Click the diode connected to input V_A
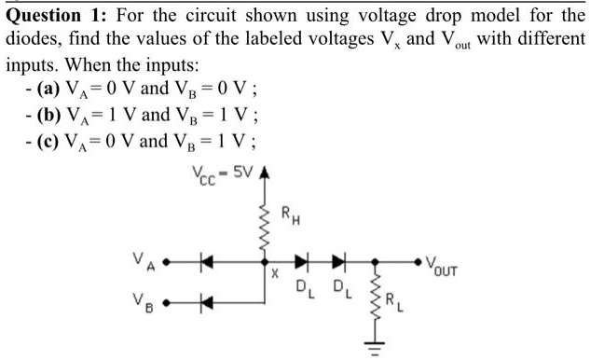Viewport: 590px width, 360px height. (206, 263)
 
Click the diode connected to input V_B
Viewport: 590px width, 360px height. (206, 301)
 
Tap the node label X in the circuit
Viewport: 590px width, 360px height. (274, 277)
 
